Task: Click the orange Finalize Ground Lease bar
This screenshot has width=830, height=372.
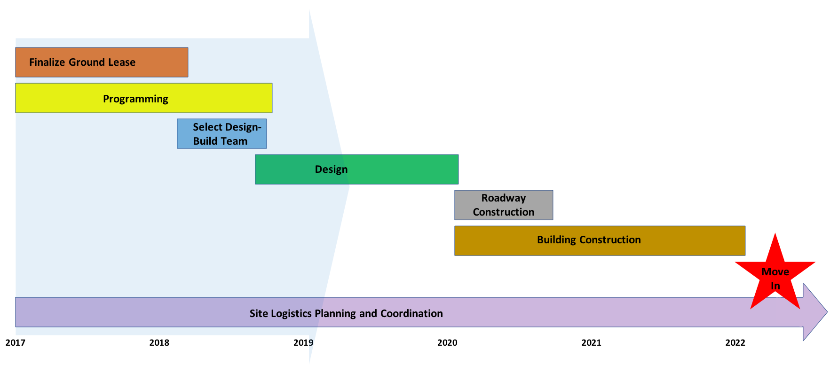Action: [102, 62]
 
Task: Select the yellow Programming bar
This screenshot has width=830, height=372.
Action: [144, 98]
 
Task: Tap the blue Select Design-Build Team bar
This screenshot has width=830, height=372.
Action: [222, 134]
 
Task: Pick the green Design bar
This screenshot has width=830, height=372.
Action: [357, 169]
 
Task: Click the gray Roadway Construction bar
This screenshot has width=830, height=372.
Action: [504, 205]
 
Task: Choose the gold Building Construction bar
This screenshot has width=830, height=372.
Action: [600, 240]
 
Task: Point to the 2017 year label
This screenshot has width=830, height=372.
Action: [16, 342]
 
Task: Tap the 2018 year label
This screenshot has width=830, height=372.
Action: [159, 342]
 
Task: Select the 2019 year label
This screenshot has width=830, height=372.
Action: [303, 342]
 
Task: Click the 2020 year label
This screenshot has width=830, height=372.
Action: [447, 342]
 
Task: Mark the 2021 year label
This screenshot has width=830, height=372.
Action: [591, 342]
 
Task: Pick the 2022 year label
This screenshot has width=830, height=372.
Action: [735, 342]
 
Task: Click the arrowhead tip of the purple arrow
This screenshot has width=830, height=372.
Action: [827, 312]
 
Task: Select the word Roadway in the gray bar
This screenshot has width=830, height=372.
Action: [504, 198]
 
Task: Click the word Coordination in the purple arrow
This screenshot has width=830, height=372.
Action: [411, 313]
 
